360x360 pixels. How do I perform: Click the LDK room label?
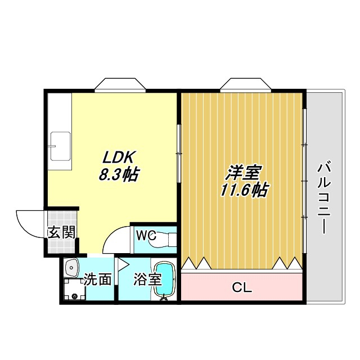[119, 157]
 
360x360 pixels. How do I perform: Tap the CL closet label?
[242, 289]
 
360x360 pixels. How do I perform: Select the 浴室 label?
[148, 279]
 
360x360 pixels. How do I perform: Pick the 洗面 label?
[97, 279]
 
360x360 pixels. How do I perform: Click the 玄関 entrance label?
[61, 232]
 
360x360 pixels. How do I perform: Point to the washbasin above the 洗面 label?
[72, 267]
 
